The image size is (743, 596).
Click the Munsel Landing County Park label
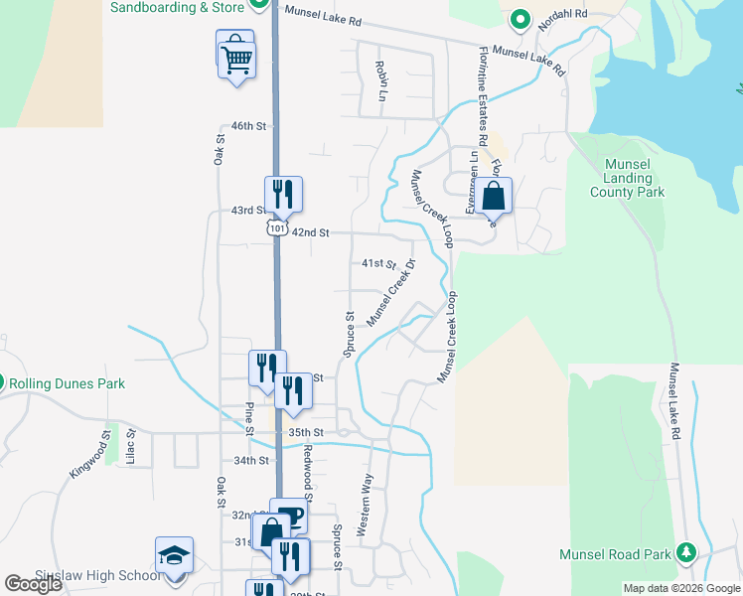pyautogui.click(x=627, y=178)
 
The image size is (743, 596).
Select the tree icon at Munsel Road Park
pyautogui.click(x=685, y=552)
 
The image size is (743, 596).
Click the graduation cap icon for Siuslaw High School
pyautogui.click(x=174, y=555)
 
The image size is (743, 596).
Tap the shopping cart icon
pyautogui.click(x=236, y=59)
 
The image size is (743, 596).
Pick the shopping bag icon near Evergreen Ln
pyautogui.click(x=493, y=197)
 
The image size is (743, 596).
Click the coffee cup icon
pyautogui.click(x=289, y=517)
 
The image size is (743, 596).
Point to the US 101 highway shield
pyautogui.click(x=275, y=228)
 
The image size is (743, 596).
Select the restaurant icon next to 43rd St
pyautogui.click(x=283, y=195)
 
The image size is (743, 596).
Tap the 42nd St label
pyautogui.click(x=310, y=232)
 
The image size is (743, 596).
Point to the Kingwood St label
pyautogui.click(x=90, y=454)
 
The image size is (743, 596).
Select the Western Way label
pyautogui.click(x=365, y=506)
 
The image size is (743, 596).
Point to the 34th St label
pyautogui.click(x=251, y=461)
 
